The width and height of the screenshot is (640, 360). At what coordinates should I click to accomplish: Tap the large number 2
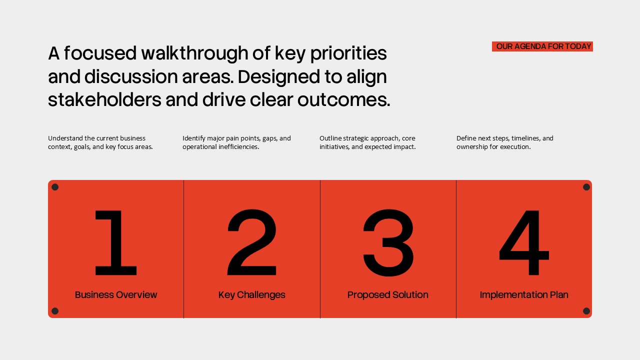[x=252, y=243]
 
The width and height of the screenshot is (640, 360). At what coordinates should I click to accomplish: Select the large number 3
[x=388, y=243]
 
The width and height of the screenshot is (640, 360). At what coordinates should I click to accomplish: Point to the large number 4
[x=524, y=243]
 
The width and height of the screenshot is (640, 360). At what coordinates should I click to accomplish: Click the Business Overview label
[x=116, y=295]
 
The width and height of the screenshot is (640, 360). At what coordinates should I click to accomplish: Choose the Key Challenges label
[x=252, y=295]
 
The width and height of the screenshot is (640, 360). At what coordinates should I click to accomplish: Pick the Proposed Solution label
[x=388, y=295]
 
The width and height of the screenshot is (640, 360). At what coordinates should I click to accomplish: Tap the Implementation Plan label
[x=524, y=295]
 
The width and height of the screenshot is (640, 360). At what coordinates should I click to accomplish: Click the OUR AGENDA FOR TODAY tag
[x=543, y=46]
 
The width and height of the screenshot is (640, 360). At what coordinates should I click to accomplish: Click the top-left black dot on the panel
[x=55, y=187]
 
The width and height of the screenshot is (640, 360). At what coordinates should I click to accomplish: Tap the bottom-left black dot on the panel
[x=55, y=311]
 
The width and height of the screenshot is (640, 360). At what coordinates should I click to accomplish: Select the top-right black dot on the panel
[x=586, y=187]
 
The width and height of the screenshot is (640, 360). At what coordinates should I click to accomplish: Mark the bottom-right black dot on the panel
[x=586, y=311]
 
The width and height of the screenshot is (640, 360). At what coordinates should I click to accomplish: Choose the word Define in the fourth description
[x=466, y=138]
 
